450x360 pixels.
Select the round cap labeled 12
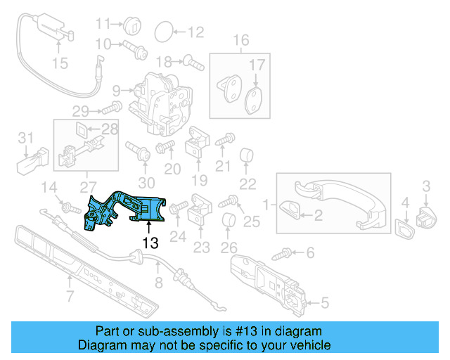tap(163, 31)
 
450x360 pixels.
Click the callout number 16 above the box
tap(241, 40)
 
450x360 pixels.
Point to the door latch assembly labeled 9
tap(162, 98)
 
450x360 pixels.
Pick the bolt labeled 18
tap(193, 62)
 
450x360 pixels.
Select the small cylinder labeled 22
tap(246, 156)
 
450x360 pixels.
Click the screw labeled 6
tap(288, 250)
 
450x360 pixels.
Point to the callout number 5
tap(325, 304)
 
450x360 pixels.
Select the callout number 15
tap(60, 64)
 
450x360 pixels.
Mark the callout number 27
tap(89, 186)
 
